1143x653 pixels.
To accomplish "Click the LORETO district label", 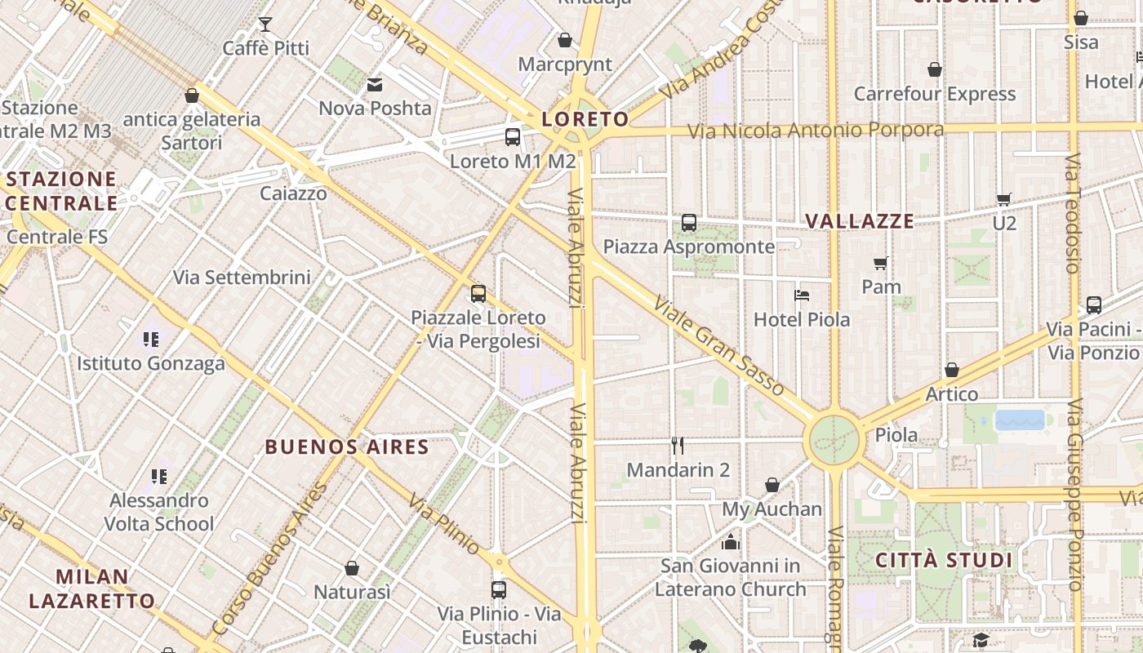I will (x=586, y=119).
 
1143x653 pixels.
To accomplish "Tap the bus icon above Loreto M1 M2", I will (x=513, y=137).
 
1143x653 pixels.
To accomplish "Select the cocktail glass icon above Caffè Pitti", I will (x=265, y=24).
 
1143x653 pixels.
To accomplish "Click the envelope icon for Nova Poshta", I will (x=375, y=84).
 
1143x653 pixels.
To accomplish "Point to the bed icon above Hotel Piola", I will (x=802, y=295).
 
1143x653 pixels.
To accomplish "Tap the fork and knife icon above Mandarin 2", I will (x=677, y=446).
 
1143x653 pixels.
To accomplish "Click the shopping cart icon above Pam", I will (x=881, y=263).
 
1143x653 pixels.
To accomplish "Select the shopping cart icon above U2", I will (x=1004, y=198).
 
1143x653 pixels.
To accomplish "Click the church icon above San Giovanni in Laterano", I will (x=730, y=542).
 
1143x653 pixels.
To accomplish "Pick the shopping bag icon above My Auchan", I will (x=772, y=485).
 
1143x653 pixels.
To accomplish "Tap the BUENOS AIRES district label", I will (x=347, y=447).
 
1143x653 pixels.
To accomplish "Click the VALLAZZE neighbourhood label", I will (x=860, y=221).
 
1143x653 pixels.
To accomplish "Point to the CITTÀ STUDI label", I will (x=944, y=561).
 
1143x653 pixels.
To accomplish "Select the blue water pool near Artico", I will (x=1020, y=420).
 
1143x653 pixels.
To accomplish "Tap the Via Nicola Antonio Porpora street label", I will (x=815, y=131).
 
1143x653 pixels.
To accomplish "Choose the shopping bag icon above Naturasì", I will (x=352, y=567).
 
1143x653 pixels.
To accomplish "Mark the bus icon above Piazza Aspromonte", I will (x=689, y=222).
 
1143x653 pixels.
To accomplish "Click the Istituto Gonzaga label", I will (x=151, y=363).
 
